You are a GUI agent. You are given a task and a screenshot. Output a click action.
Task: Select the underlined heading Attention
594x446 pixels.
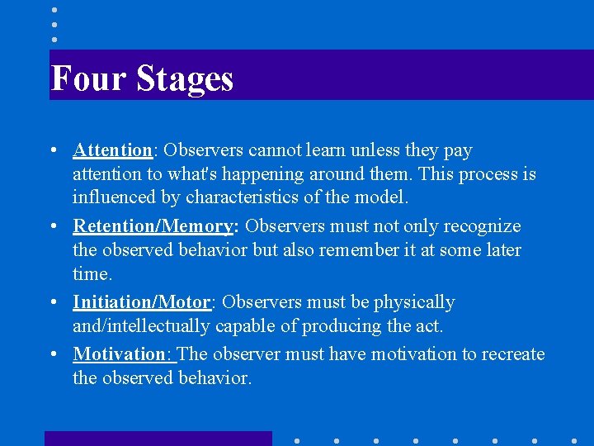(112, 150)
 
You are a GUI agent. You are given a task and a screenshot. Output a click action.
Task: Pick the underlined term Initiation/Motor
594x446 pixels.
(142, 302)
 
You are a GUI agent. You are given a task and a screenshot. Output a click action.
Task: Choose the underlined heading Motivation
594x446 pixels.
(120, 354)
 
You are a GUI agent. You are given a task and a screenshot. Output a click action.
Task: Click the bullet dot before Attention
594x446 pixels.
(53, 151)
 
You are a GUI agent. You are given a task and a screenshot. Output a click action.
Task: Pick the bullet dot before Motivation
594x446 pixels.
(53, 355)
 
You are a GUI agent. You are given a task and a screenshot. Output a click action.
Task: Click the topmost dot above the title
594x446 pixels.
(54, 10)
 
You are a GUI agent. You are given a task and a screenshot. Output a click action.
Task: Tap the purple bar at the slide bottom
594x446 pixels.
(158, 439)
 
